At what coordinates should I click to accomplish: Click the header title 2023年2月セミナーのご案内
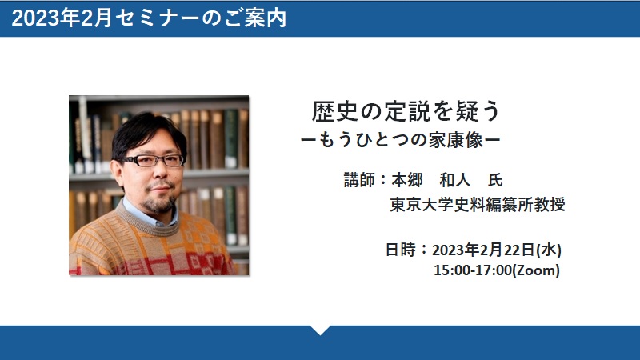[149, 18]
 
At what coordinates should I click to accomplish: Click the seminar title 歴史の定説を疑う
[406, 111]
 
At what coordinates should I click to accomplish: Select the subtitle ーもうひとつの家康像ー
[401, 141]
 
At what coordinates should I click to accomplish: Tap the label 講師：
[366, 180]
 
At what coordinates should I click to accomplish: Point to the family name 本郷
[407, 180]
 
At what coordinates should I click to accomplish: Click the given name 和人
[454, 180]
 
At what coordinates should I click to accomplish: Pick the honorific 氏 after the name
[495, 180]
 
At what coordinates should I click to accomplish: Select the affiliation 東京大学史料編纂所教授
[478, 205]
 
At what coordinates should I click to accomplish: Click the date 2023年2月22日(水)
[497, 250]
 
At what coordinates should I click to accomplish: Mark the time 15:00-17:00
[473, 270]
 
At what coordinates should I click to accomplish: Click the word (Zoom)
[536, 270]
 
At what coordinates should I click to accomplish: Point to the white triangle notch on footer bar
[321, 330]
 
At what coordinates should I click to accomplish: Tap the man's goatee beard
[160, 203]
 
